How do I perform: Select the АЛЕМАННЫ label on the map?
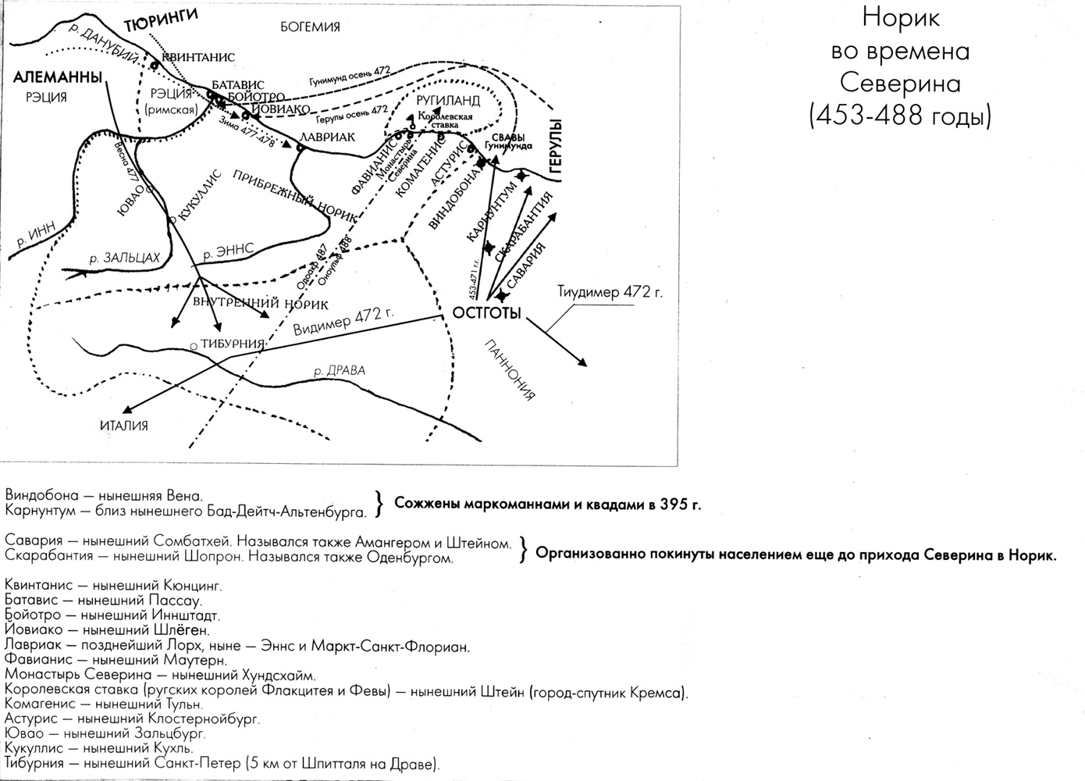coord(58,77)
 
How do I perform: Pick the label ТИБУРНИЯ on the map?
coord(233,344)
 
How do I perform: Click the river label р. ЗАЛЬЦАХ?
coord(124,257)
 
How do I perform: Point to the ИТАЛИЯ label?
coord(123,426)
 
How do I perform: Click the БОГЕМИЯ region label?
coord(310,27)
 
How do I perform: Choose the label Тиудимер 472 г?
coord(610,293)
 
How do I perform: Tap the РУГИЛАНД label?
coord(448,102)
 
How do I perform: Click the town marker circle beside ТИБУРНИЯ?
coord(193,345)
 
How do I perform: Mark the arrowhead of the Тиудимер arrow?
coord(582,362)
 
